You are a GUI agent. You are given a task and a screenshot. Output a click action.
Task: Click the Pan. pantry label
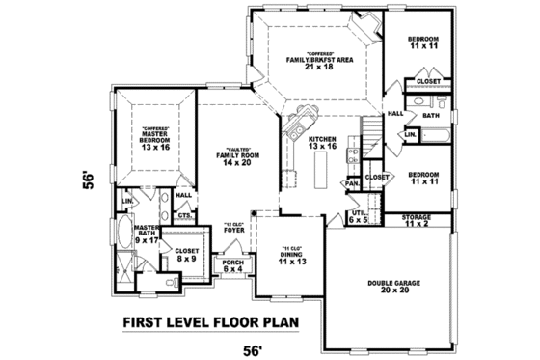[x=353, y=182]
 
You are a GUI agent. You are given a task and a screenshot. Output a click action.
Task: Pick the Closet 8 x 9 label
[x=187, y=255]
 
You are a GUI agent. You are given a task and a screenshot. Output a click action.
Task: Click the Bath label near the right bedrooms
[x=430, y=115]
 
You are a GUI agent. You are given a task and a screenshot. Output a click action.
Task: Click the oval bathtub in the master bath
[x=130, y=237]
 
